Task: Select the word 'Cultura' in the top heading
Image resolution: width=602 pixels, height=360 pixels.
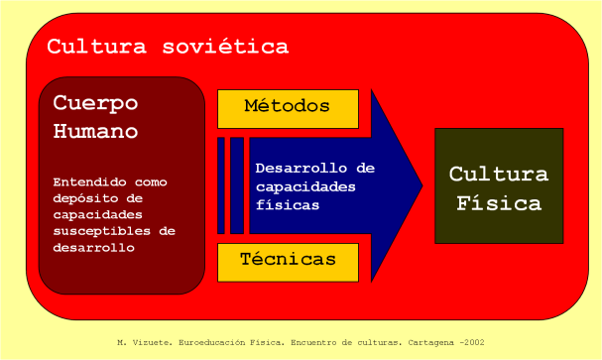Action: pos(95,47)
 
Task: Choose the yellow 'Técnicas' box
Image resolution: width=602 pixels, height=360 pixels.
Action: pos(287,260)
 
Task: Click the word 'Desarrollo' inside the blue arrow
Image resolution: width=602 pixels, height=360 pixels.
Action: pos(301,168)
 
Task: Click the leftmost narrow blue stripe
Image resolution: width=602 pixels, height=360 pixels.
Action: pos(221,185)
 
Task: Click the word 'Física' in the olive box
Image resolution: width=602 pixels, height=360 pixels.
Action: pos(498,204)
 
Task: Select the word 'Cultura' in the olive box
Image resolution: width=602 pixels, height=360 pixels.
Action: pos(498,175)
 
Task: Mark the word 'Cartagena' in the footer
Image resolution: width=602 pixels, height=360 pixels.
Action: pos(427,342)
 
